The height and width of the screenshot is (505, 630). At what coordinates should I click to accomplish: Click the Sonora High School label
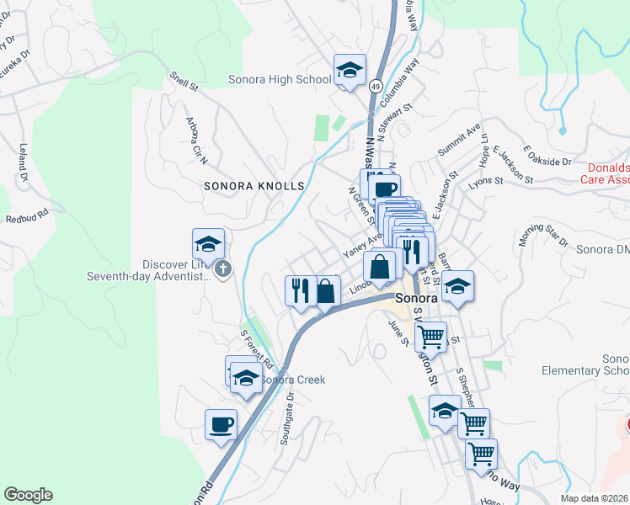click(x=280, y=81)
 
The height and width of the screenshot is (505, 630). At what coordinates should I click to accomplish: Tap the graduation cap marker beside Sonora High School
click(x=350, y=71)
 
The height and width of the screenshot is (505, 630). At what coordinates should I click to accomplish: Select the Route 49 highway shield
click(x=375, y=86)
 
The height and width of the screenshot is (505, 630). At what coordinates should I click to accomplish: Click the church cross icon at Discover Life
click(x=222, y=269)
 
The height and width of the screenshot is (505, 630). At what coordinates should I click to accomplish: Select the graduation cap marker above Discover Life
click(x=208, y=245)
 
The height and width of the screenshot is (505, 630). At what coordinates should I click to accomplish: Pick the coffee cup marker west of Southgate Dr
click(x=221, y=424)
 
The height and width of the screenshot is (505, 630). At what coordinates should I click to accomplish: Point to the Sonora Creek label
click(x=292, y=380)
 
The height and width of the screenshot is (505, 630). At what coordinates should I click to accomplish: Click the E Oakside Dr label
click(x=547, y=156)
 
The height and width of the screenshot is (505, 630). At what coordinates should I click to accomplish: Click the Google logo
click(x=28, y=495)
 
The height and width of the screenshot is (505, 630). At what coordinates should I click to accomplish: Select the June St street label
click(x=398, y=332)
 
